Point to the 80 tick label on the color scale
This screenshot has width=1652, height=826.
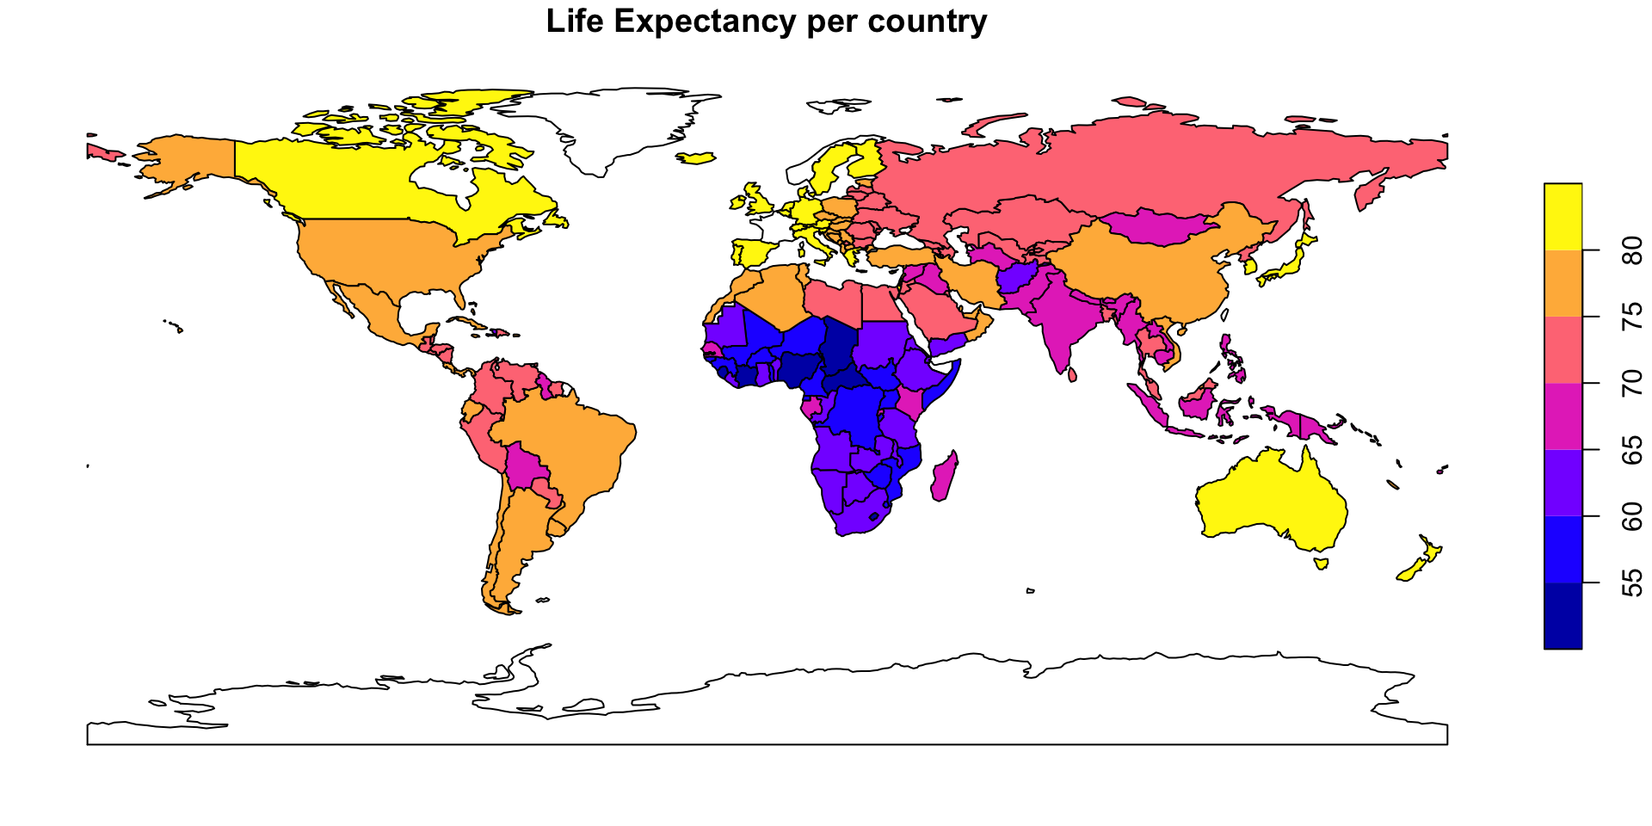tap(1630, 250)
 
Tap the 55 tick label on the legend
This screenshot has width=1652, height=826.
tap(1630, 583)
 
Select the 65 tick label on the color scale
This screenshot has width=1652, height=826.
tap(1630, 450)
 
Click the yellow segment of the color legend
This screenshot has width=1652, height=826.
tap(1563, 216)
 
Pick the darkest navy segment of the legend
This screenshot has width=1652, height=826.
tap(1563, 616)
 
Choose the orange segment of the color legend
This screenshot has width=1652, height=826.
tap(1563, 283)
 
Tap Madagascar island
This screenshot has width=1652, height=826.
tap(944, 478)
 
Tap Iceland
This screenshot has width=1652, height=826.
tap(697, 158)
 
